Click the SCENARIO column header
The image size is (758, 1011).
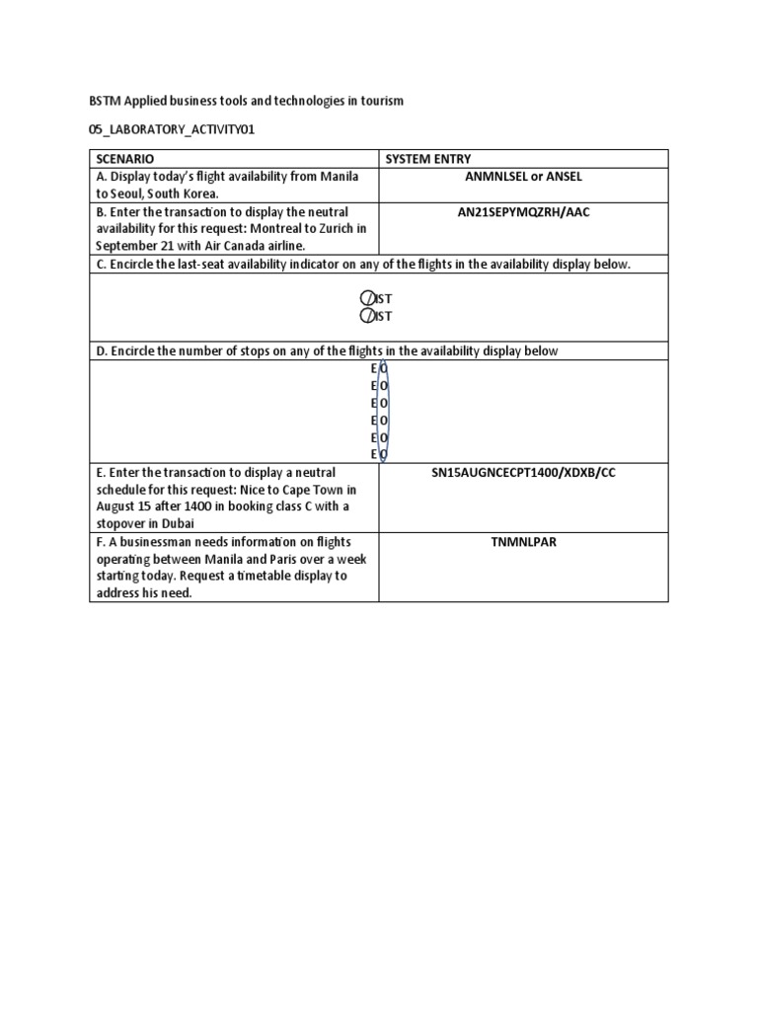tap(124, 158)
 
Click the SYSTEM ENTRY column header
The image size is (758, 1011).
tap(427, 158)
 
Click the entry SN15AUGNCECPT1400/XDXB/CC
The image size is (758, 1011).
tap(523, 473)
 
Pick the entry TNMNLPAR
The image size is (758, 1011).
tap(523, 542)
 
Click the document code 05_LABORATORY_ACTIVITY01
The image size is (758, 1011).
tap(160, 129)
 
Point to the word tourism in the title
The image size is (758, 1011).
tap(381, 102)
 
